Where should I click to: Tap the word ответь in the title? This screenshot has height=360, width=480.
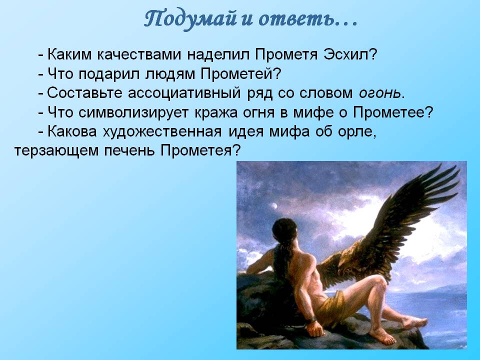tap(297, 19)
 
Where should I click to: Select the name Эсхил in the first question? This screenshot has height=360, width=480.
tap(349, 54)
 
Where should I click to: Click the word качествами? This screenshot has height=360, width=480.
tap(139, 54)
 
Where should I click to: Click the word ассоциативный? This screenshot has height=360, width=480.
tap(184, 93)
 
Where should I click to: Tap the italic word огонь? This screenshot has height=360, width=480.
tap(379, 93)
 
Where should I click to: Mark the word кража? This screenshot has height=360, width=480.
tap(216, 112)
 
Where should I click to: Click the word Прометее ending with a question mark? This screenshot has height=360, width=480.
tap(393, 112)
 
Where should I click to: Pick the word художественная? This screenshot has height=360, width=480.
tap(162, 131)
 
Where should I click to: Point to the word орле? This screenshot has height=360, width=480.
tap(357, 131)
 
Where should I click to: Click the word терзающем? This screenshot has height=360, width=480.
tap(56, 151)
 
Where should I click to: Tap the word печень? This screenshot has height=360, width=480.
tap(129, 150)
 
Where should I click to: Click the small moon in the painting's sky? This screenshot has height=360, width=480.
tap(274, 206)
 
